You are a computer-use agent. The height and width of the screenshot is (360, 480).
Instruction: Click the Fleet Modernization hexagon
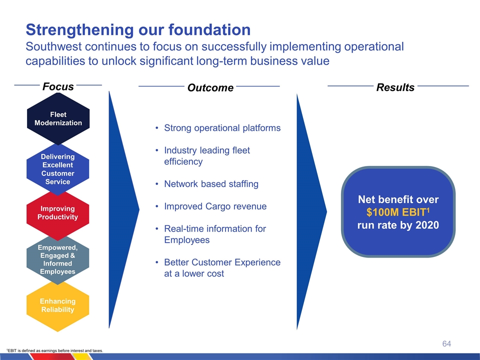tap(58, 118)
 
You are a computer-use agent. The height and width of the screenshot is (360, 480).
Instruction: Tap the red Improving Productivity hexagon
tap(58, 212)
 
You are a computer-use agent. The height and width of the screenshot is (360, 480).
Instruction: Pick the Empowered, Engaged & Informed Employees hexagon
tap(58, 259)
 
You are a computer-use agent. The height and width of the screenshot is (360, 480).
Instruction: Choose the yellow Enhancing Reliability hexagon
tap(58, 305)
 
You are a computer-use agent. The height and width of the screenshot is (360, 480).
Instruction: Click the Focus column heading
tap(58, 86)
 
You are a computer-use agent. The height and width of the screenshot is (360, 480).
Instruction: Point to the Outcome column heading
tap(210, 88)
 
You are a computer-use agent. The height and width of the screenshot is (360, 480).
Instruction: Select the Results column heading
tap(395, 87)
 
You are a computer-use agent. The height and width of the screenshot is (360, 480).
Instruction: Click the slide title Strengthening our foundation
tap(138, 29)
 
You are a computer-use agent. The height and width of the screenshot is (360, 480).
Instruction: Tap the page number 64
tap(446, 343)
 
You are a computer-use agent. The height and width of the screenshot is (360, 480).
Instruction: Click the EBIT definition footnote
tap(54, 350)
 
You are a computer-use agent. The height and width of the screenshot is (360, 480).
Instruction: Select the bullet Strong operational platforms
tap(222, 128)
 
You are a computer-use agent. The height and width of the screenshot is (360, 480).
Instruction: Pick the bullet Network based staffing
tap(211, 184)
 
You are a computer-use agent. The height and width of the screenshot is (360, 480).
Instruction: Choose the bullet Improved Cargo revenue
tap(215, 206)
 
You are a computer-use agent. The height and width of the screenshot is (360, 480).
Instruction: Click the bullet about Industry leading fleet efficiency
tap(206, 156)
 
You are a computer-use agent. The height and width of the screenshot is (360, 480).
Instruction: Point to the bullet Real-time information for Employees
tap(215, 234)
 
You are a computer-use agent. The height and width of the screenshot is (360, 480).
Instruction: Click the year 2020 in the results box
tap(426, 225)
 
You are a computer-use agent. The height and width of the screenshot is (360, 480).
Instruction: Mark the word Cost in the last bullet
tap(214, 273)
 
